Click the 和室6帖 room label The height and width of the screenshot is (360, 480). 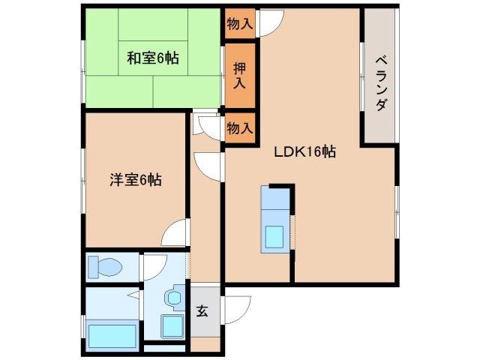click(152, 58)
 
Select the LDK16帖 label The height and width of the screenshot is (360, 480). click(304, 151)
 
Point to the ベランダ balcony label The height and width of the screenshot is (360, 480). click(381, 83)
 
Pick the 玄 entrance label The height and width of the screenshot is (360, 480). click(202, 310)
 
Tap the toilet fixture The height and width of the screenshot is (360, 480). click(104, 266)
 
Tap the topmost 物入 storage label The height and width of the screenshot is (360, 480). click(239, 24)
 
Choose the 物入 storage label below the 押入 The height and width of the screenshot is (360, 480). click(239, 128)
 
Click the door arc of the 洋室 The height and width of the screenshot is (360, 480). click(174, 232)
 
